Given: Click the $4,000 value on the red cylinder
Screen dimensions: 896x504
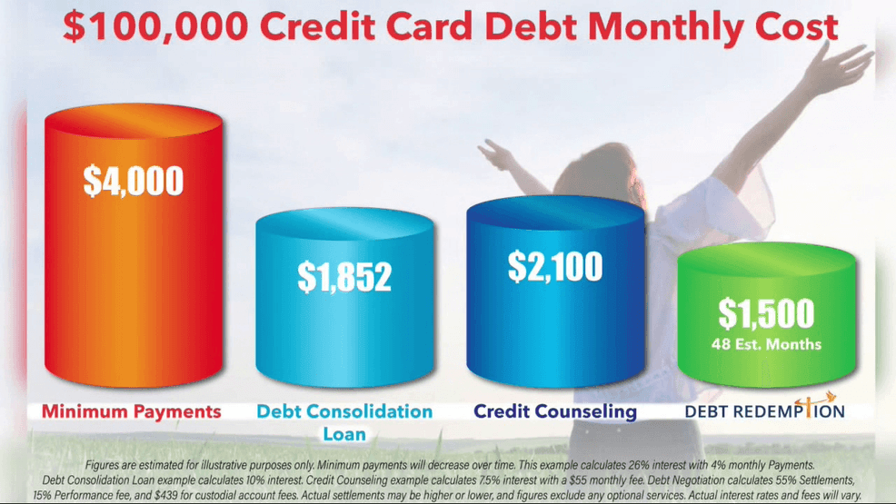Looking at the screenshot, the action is pyautogui.click(x=134, y=181).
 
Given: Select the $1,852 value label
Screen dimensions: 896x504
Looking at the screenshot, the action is pyautogui.click(x=344, y=277).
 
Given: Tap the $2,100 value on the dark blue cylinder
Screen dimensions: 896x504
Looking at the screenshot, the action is pyautogui.click(x=555, y=267).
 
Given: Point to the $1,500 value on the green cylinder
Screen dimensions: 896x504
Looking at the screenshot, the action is pyautogui.click(x=766, y=313).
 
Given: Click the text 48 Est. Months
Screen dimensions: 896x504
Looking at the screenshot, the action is pyautogui.click(x=766, y=344).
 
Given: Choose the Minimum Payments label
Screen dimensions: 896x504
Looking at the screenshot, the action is pyautogui.click(x=132, y=411).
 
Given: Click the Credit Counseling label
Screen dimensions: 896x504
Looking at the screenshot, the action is pyautogui.click(x=555, y=411).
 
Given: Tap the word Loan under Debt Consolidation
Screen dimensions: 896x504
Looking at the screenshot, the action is pyautogui.click(x=344, y=434).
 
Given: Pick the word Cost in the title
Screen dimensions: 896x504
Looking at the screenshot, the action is pyautogui.click(x=796, y=27).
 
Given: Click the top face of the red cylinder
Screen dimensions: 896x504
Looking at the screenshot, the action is pyautogui.click(x=134, y=121).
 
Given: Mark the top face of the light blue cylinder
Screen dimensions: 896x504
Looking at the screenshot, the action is pyautogui.click(x=344, y=224).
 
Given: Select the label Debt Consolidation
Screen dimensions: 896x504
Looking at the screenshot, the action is pyautogui.click(x=344, y=411).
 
